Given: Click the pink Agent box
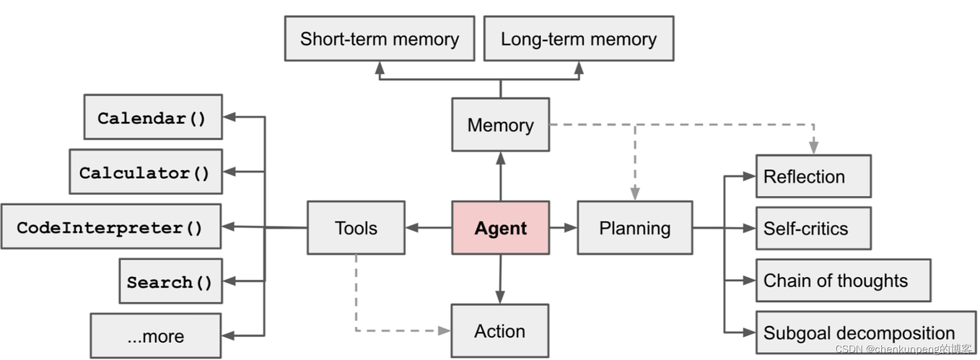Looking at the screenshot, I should coord(500,228).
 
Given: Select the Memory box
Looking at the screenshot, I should coord(500,125).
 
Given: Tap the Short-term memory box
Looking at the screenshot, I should coord(380,39).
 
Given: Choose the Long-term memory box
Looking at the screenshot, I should coord(578,39).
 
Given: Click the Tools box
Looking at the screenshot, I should coord(356,228).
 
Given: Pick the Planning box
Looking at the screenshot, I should coord(634,228).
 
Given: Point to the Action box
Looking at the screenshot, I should coord(499,331).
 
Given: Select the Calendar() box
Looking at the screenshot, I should coord(152,117).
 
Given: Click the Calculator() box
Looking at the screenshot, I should coord(145,172).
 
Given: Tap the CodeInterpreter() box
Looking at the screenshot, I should coord(110,227).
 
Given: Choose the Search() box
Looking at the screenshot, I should coord(170,281).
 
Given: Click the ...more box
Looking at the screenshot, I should coord(156,335).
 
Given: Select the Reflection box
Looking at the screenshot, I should coord(813,176).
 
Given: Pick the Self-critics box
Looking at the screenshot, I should coord(813,228).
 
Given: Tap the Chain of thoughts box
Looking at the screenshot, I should coord(842,280).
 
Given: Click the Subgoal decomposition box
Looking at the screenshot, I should coord(865,333).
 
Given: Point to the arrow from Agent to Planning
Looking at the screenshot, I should coord(563,228).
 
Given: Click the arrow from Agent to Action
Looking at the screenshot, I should coord(500,278).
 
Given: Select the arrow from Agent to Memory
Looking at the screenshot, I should coord(500,177).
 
